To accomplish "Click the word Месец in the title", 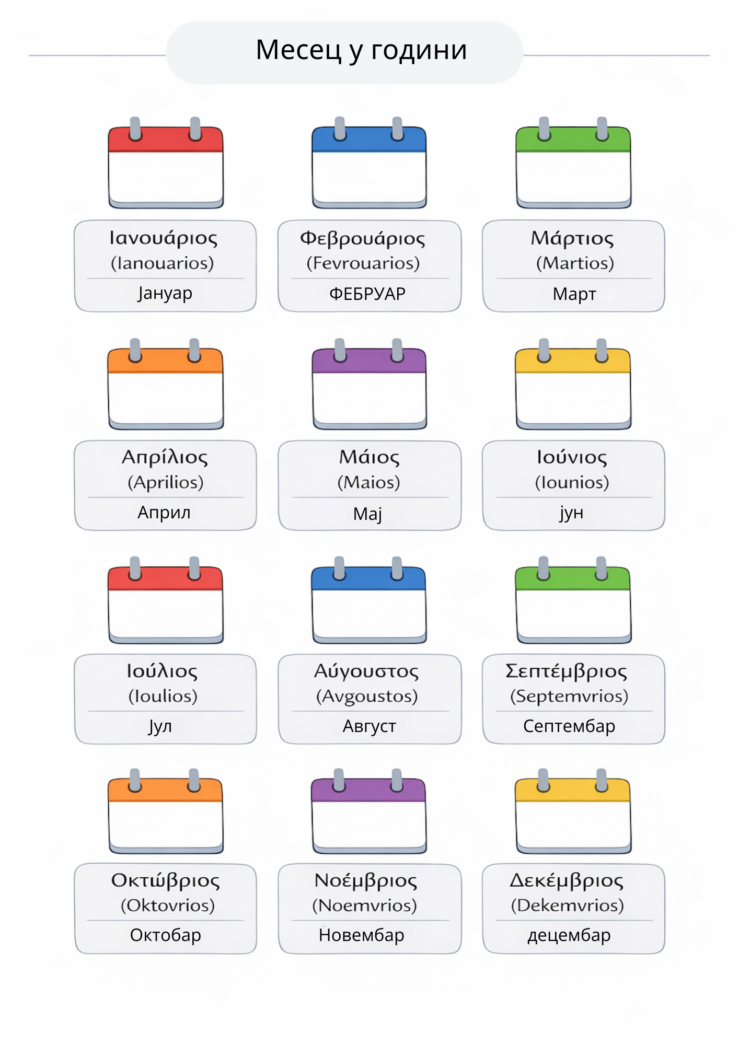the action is point(298,50).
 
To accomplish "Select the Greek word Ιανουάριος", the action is point(164,238).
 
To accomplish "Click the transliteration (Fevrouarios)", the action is point(363,263).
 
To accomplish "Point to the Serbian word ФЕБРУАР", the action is point(367,294).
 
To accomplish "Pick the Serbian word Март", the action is point(574,294).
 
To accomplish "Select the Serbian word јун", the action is point(571,513).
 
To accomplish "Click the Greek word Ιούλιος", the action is point(162,671).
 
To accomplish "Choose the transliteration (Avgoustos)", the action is point(367,696).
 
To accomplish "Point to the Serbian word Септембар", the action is point(569,726).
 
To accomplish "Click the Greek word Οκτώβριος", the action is point(165,881).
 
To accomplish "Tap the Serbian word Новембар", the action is point(362,935).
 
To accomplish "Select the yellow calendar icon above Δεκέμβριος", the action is point(573,811).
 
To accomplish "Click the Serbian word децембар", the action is point(569,935).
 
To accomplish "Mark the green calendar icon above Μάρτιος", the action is point(573,162).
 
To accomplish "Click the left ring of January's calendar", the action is point(135,129).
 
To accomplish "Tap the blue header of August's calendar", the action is point(368,579).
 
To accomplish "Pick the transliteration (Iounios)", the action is point(572,482).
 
